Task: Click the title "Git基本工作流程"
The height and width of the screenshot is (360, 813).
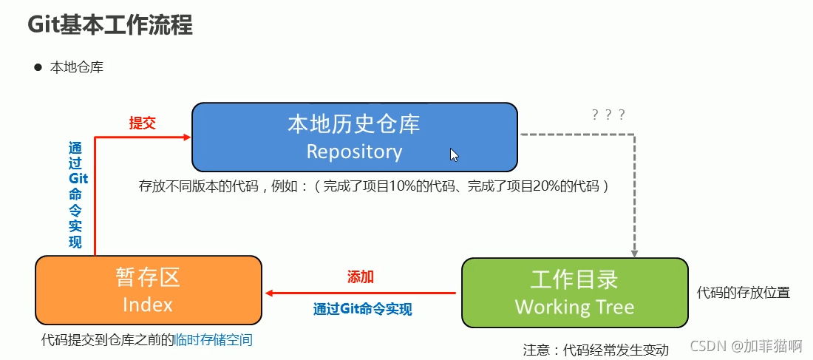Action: pos(110,26)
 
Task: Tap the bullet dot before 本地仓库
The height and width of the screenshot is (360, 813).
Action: pos(38,67)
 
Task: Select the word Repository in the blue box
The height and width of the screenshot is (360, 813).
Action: pos(354,152)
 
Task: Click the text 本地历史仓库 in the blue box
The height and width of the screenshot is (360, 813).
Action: pos(354,123)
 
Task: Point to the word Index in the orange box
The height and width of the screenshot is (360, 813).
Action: pos(148,304)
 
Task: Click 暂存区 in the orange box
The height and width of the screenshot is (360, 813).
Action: pos(148,278)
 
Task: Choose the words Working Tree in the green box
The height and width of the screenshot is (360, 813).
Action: pos(574,307)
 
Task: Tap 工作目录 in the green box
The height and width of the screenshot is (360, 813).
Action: pos(574,280)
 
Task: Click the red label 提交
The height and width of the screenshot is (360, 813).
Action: pos(142,123)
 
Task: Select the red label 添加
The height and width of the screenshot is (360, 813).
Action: pos(361,277)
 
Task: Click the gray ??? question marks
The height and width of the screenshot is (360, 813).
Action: pos(608,115)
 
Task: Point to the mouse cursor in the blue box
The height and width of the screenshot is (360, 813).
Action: pos(454,154)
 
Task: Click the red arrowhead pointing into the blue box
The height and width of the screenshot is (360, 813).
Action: pos(187,137)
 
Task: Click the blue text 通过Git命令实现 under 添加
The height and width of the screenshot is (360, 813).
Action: pos(362,309)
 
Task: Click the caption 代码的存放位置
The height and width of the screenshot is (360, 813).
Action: pos(743,293)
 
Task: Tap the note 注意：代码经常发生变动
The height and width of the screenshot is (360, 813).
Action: pos(595,350)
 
